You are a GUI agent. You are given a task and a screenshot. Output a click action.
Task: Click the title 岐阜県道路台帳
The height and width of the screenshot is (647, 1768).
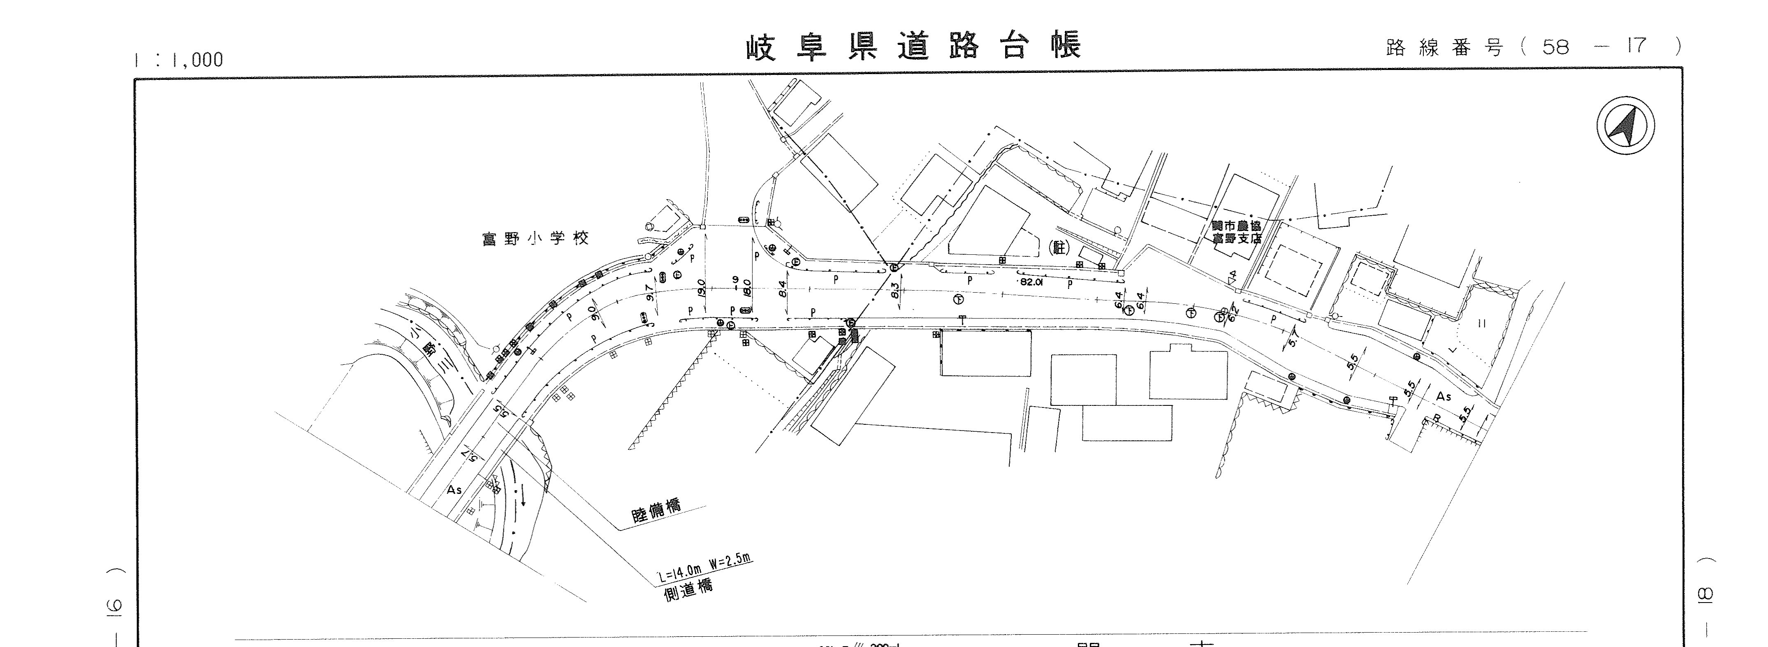click(x=913, y=47)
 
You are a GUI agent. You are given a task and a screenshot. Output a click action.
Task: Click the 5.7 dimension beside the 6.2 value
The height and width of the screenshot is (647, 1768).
click(x=1292, y=338)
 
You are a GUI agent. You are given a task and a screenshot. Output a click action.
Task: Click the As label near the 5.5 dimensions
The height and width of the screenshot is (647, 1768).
click(x=1444, y=396)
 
